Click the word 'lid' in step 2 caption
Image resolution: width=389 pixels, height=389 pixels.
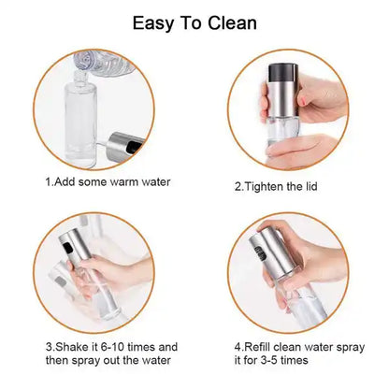tap(310, 185)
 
